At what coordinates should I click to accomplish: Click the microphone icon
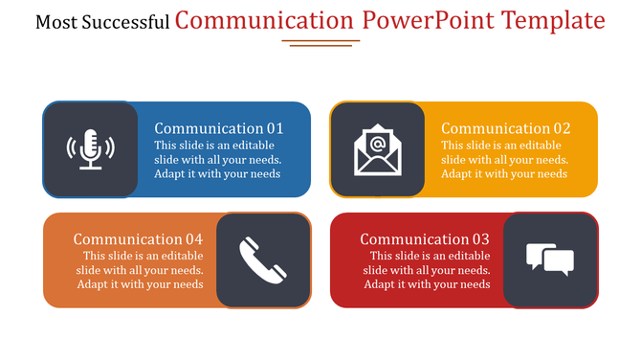click(90, 148)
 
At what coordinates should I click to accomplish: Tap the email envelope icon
click(377, 150)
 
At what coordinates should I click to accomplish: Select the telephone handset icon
click(263, 260)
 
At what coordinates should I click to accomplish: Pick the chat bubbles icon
click(550, 259)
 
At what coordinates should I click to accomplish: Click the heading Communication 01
click(219, 128)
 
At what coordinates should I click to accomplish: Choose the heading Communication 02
click(505, 128)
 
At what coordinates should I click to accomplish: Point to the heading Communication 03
click(425, 239)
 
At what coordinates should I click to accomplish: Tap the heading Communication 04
click(138, 239)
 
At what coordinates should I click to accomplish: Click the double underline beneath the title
click(321, 43)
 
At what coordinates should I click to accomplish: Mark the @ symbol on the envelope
click(377, 145)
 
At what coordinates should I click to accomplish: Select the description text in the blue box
click(217, 160)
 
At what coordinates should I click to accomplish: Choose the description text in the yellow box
click(504, 160)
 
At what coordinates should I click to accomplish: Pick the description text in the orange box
click(141, 270)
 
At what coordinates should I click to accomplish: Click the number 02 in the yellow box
click(561, 128)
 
